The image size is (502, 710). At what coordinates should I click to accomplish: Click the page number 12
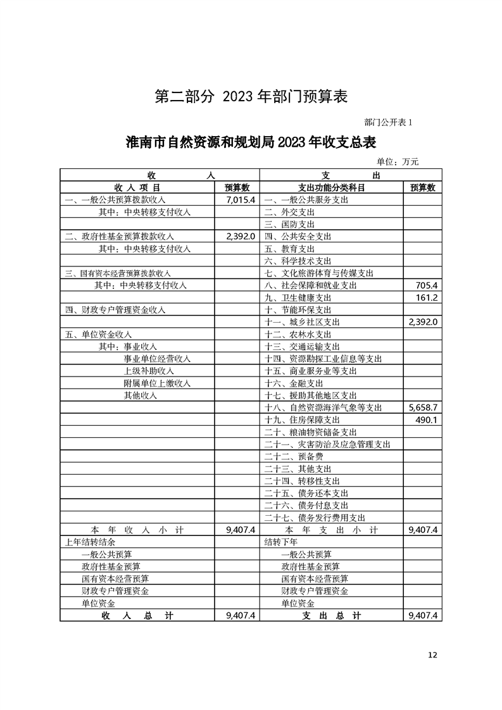[x=432, y=655]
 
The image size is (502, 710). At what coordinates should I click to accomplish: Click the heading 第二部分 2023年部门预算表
[x=251, y=96]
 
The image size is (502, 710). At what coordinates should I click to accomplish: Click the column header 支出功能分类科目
[x=331, y=188]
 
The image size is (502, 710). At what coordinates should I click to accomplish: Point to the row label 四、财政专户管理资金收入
[x=115, y=310]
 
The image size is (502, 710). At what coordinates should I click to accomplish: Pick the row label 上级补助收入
[x=148, y=371]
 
